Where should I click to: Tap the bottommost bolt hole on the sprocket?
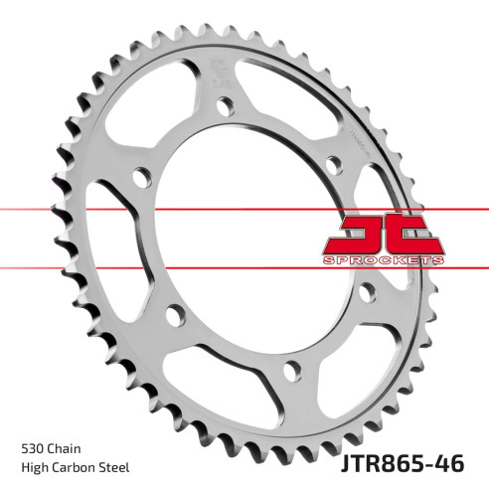click(x=290, y=371)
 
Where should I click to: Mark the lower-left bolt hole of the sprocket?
click(x=176, y=315)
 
